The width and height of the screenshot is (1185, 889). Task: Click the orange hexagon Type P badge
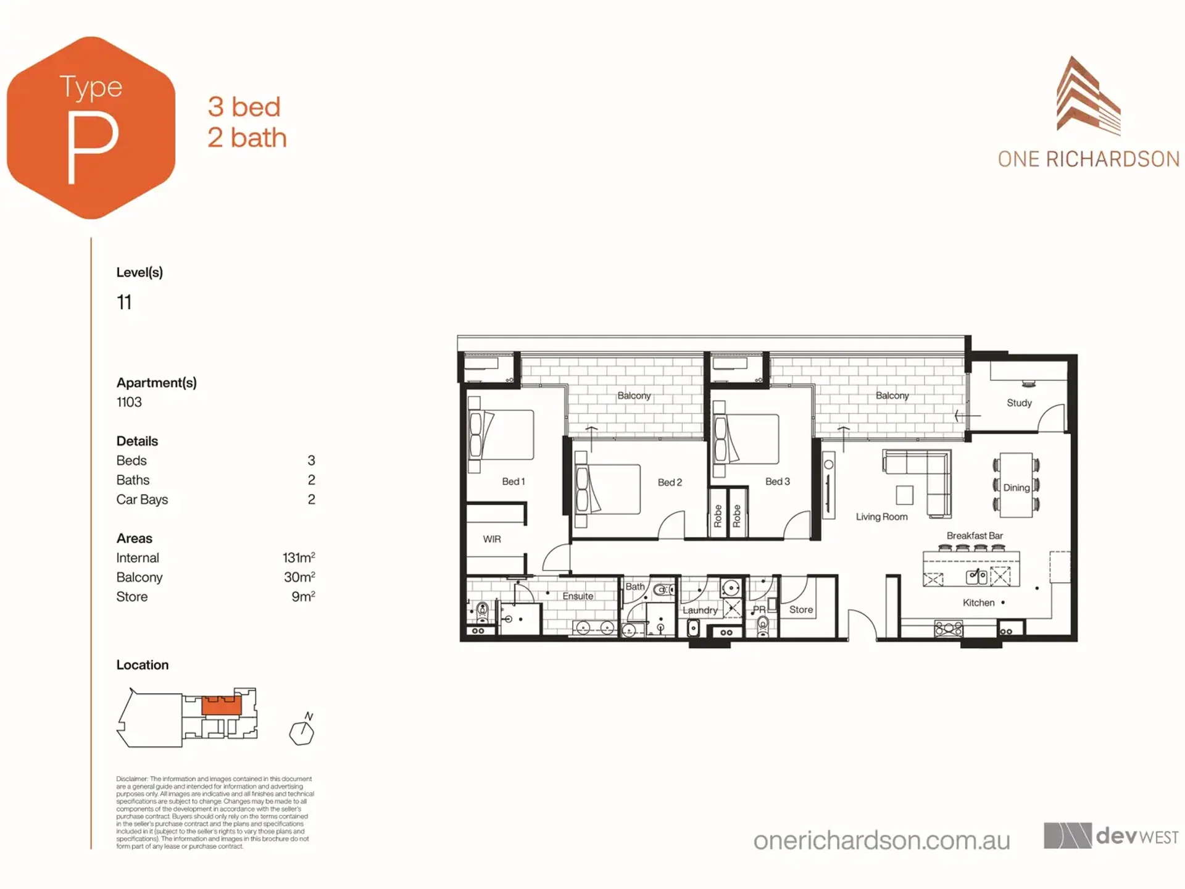(x=91, y=128)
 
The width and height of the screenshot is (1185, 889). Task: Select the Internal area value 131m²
(x=299, y=557)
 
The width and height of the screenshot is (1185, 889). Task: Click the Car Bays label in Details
(x=142, y=499)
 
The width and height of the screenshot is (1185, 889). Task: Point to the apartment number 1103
(x=129, y=402)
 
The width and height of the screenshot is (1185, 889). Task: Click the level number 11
(x=124, y=302)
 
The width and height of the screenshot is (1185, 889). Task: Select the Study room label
(x=1019, y=403)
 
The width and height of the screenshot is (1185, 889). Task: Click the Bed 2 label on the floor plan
(x=670, y=482)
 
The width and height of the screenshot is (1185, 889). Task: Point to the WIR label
(x=492, y=539)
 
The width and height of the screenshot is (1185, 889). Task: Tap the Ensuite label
(x=578, y=596)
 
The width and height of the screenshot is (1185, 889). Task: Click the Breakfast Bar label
(x=975, y=535)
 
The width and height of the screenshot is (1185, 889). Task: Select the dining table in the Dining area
(x=1016, y=485)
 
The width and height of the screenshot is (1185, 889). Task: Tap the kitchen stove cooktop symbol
(x=949, y=628)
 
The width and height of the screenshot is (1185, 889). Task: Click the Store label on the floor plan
(x=800, y=609)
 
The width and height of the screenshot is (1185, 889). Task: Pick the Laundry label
(x=700, y=610)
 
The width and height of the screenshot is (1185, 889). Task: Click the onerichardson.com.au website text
(x=881, y=840)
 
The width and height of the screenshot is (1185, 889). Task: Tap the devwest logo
(x=1111, y=836)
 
